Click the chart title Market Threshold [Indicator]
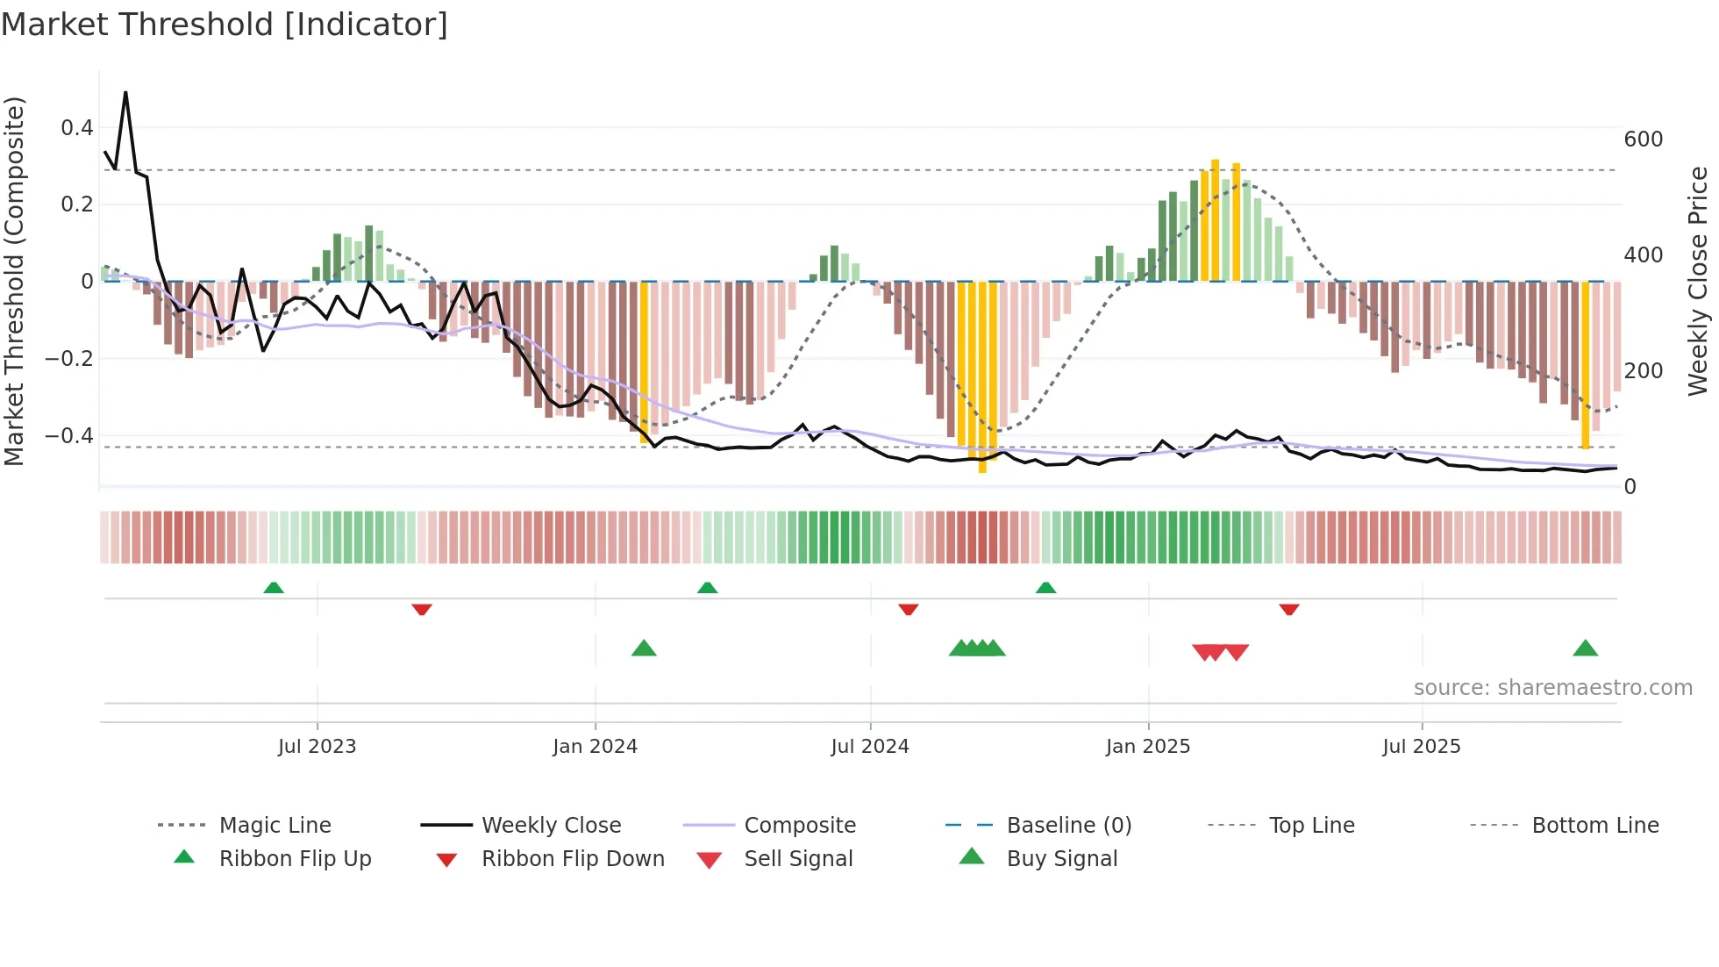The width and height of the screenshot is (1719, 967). coord(225,25)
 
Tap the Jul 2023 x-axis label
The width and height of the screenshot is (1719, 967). coord(317,747)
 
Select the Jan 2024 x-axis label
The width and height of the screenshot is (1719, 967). coord(595,747)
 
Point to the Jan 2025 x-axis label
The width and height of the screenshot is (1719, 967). coord(1147,747)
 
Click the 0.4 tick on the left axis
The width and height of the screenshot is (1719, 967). coord(77,128)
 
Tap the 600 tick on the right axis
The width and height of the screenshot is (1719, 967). coord(1643,140)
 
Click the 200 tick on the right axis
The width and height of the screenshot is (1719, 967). coord(1643,371)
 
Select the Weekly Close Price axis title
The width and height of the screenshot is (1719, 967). coord(1698,281)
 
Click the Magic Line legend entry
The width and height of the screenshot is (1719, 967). coord(275,826)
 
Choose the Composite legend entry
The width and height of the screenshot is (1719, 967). coord(799,826)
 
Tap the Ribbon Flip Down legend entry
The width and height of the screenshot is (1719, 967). coord(572,859)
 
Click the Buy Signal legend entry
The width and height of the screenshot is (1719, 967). coord(1061,859)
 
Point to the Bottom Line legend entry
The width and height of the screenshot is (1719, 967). coord(1594,826)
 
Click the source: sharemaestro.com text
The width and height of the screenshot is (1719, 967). coord(1552,688)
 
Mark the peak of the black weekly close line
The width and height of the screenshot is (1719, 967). coord(125,92)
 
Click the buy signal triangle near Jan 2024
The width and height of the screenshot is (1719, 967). coord(644,648)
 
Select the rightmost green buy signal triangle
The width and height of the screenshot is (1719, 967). coord(1585,648)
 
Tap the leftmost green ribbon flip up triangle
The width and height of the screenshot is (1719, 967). coord(274,587)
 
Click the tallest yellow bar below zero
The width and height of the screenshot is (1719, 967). coord(982,377)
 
